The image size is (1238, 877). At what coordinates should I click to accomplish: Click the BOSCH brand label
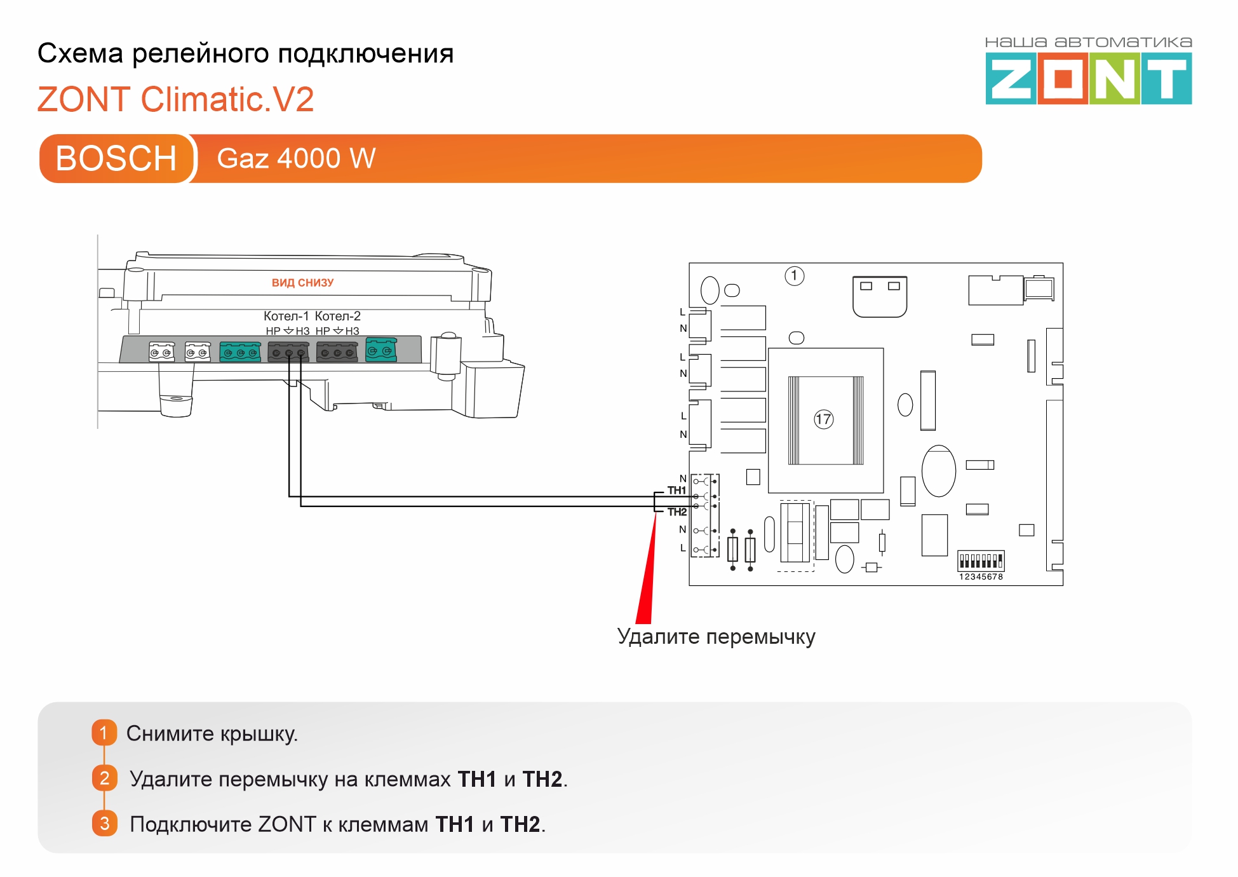116,158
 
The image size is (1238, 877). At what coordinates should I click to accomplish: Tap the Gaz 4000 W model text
296,158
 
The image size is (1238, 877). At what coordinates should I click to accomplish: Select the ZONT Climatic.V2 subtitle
175,100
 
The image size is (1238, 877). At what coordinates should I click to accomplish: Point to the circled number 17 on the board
823,419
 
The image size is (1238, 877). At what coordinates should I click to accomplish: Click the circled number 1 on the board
794,276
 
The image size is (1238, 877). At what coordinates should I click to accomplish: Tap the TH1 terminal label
676,490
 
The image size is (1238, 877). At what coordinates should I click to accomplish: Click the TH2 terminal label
676,512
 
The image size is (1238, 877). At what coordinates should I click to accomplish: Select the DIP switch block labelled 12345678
981,561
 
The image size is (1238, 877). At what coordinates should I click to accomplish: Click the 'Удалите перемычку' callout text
716,636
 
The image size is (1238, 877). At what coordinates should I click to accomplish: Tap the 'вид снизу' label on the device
302,283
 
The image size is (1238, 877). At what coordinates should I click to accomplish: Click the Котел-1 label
286,316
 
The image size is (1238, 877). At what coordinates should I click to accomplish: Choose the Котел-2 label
337,316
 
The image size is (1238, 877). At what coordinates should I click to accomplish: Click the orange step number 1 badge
104,733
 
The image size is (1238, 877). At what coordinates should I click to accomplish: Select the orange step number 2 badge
104,778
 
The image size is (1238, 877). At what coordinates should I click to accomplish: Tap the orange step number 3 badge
104,824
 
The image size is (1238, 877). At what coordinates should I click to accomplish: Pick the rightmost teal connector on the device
380,350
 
